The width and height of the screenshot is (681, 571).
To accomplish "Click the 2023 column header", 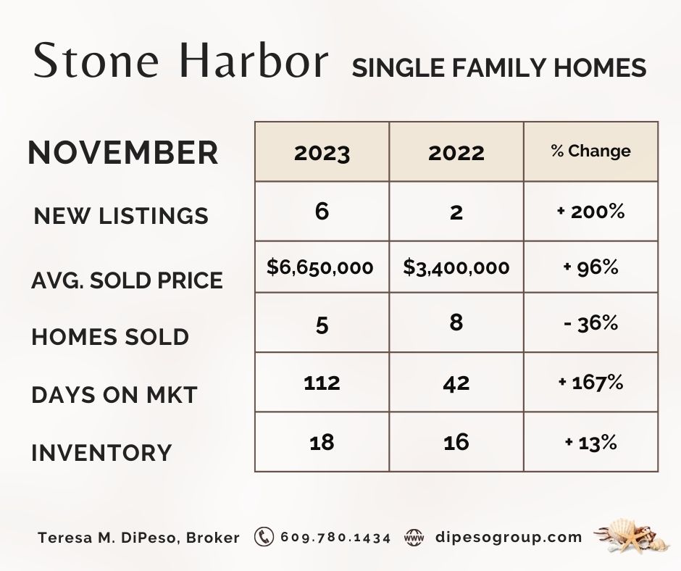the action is pos(322,153).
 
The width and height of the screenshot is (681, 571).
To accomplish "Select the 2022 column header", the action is pos(456,153).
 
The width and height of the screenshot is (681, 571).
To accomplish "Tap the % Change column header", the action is pos(590,151).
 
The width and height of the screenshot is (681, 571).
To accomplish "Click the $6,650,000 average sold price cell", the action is pos(320,267).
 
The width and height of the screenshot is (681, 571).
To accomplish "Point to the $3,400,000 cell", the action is pos(456,267).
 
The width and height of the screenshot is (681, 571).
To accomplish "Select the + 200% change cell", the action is pos(590,212).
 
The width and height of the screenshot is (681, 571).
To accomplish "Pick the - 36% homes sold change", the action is pos(590,323).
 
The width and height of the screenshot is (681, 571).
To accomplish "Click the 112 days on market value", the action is pos(322,383).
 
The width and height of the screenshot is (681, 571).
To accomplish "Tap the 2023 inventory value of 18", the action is pos(322,442).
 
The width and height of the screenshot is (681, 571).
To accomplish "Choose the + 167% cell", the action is pos(590,383).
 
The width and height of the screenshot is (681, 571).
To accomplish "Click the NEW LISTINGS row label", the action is pos(121,215).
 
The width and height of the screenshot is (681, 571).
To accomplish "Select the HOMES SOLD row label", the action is pos(110,337).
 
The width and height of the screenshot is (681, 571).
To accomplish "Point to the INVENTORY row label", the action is pos(101,453).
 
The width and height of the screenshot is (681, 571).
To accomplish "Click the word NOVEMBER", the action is pos(123,152).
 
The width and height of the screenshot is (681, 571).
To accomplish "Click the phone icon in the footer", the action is pos(264,537).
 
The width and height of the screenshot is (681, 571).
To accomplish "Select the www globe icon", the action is pos(414,538).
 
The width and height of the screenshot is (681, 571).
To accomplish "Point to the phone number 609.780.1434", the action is pos(335,538).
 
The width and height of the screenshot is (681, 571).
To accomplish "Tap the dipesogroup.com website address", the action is pos(509,538).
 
